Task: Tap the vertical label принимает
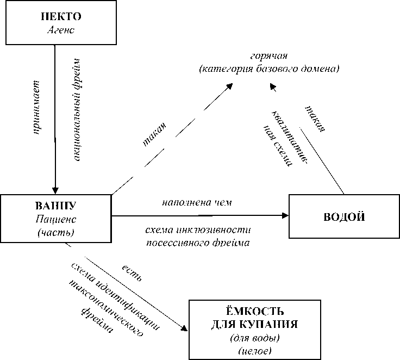37,108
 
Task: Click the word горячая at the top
268,57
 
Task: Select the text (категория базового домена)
268,69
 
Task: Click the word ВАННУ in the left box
56,207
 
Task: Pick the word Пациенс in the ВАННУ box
56,220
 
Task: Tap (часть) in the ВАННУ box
56,233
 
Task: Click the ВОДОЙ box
343,216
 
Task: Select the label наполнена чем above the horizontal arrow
197,203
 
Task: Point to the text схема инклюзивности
198,229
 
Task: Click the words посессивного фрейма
198,243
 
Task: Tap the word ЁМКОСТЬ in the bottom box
254,312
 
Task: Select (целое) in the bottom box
254,351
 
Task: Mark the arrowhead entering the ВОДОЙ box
285,215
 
